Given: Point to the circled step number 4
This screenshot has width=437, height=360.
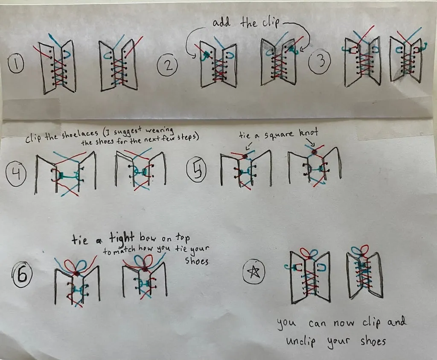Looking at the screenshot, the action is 16,174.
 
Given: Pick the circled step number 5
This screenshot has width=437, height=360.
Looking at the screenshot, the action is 197,171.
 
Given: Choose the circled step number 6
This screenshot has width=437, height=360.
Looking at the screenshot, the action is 22,274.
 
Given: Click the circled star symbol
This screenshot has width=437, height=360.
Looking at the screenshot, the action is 253,271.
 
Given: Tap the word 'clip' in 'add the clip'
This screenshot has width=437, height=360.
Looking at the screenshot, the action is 270,23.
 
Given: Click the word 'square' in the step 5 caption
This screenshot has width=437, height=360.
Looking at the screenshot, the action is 278,135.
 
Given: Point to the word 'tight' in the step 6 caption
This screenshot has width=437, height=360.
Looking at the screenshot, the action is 122,239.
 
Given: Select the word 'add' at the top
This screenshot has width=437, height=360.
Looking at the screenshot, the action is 221,22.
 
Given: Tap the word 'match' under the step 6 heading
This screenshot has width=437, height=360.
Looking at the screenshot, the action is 124,250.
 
